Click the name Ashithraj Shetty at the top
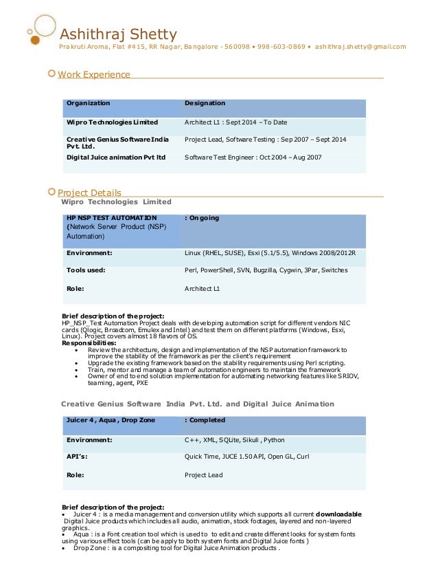coord(119,33)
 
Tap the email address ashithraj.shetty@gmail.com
coord(360,47)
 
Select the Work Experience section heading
coord(93,74)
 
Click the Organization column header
coord(88,103)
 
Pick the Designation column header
coord(205,103)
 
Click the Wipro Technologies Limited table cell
coord(112,122)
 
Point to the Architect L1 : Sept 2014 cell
coord(236,122)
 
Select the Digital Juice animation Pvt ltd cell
coord(116,157)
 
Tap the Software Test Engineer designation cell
coord(253,157)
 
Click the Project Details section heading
coord(89,193)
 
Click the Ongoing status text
coord(203,218)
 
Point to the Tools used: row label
coord(86,270)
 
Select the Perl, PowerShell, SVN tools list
coord(266,270)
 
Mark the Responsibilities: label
coord(89,343)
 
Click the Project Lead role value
coord(204,474)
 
